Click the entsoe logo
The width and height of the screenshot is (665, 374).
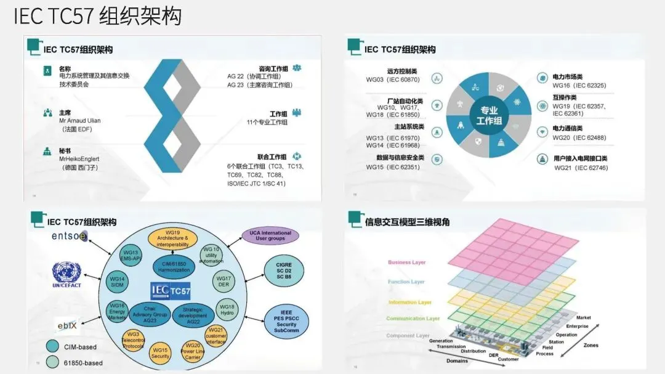70,237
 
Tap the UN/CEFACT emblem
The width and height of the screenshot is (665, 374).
66,275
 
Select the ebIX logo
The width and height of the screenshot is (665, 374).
68,325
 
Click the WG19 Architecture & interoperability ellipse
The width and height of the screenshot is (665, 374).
172,238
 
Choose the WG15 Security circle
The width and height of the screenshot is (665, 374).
160,353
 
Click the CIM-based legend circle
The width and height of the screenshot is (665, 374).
53,346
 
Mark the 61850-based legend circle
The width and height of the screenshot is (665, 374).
53,363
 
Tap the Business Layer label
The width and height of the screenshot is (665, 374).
406,262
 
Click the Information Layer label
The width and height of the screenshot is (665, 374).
409,303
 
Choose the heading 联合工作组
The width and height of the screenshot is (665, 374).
272,157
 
